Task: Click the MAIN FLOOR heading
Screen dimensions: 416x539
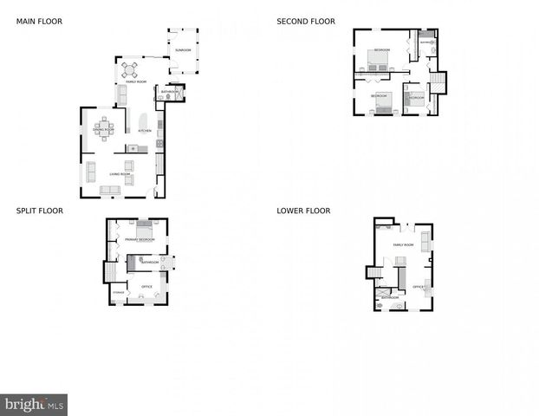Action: tap(39, 21)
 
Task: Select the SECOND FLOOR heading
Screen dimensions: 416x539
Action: tap(305, 21)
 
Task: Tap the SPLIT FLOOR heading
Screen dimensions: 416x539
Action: tap(39, 211)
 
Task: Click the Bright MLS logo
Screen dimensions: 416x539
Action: tap(34, 405)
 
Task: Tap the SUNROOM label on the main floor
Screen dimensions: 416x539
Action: tap(182, 50)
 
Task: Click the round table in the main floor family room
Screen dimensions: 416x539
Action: tap(130, 68)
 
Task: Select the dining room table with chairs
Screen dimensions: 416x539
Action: tap(104, 128)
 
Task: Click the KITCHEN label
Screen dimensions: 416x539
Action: tap(145, 131)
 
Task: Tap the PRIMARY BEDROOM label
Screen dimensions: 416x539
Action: tap(140, 238)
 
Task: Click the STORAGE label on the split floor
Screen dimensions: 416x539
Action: tap(118, 293)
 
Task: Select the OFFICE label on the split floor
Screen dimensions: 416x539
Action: tap(146, 286)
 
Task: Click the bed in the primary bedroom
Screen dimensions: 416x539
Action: tap(143, 229)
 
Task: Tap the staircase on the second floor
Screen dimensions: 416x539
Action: tap(438, 83)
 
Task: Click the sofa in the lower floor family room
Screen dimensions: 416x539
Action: tap(425, 238)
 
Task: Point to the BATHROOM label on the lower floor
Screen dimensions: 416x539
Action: tap(390, 297)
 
